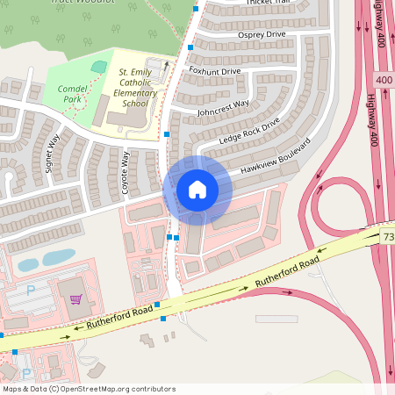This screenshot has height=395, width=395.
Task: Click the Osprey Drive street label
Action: [x=262, y=34]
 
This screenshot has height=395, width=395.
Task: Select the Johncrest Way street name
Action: [x=223, y=109]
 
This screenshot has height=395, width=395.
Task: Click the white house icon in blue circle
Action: [x=197, y=190]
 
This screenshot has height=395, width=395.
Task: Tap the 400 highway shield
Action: [x=384, y=80]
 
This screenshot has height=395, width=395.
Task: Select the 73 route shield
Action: [x=388, y=237]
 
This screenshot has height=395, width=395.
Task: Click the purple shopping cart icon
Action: [x=76, y=299]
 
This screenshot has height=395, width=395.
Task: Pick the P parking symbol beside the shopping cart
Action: [x=31, y=290]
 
